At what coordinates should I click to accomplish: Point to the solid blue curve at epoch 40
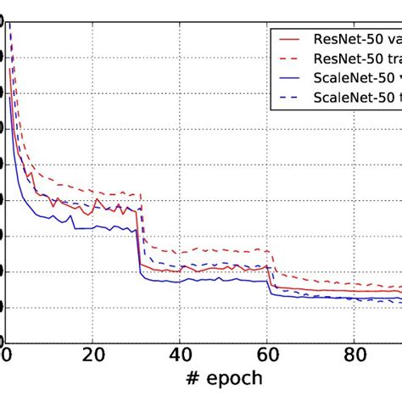point(181,281)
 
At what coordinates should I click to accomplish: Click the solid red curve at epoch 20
point(94,204)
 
